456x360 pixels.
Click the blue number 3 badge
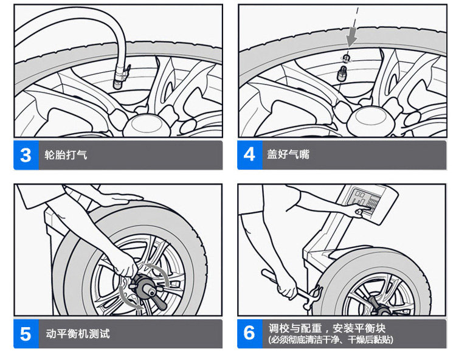26,155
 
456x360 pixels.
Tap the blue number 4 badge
250,155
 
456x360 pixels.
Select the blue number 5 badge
26,334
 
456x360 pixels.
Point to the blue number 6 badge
250,334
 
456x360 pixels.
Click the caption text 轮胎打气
66,154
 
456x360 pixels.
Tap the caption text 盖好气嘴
288,154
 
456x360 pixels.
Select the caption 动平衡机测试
78,333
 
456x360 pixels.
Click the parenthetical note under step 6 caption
331,340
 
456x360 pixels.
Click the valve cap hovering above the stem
346,58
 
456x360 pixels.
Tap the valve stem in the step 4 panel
342,74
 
